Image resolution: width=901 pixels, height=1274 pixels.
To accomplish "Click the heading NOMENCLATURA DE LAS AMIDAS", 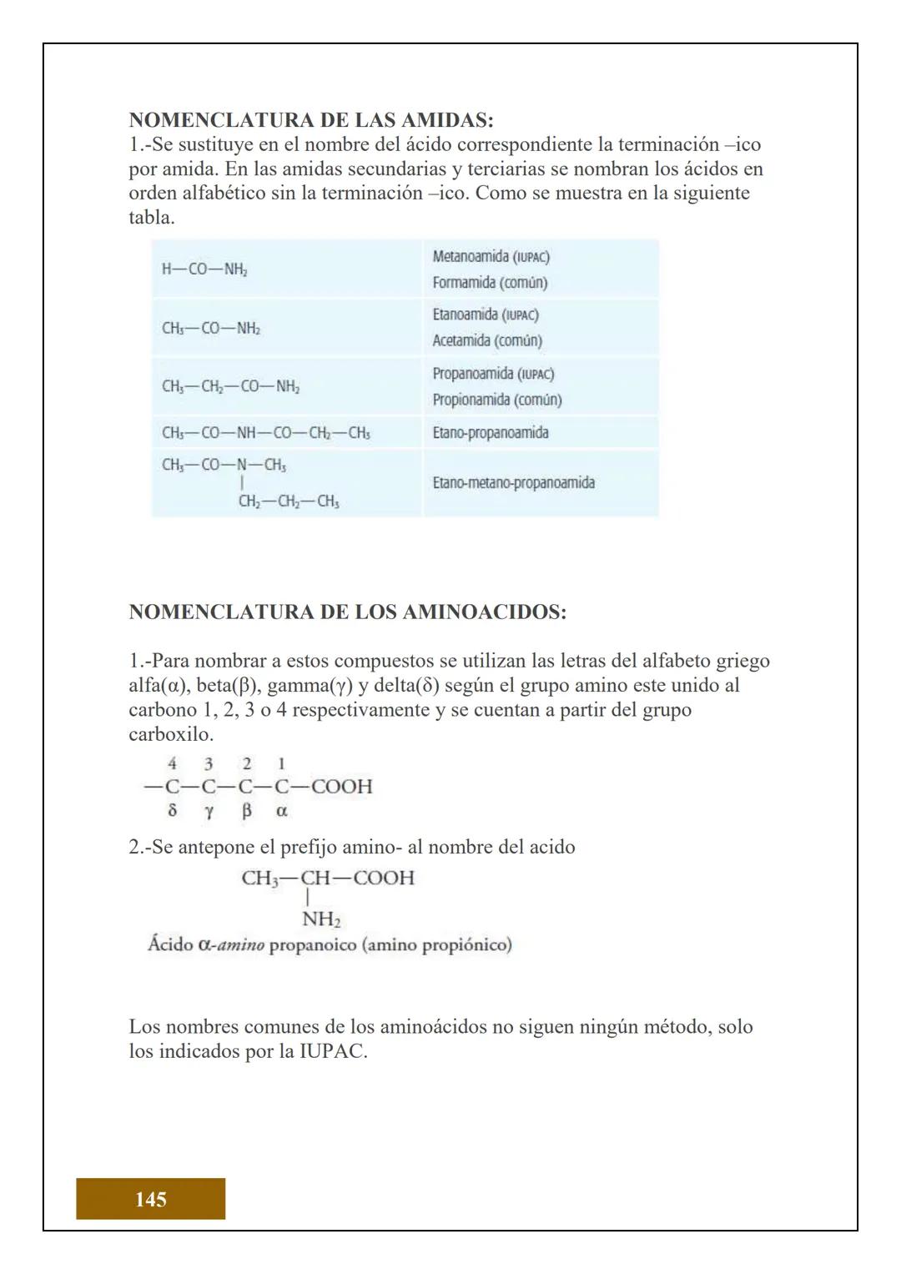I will point(310,120).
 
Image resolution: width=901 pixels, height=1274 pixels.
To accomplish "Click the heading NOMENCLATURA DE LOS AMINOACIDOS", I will point(347,612).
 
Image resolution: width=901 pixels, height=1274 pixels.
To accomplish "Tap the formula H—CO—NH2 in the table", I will point(204,269).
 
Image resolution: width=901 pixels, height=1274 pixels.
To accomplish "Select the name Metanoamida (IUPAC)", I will point(491,256).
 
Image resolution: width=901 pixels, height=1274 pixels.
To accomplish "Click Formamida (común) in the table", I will point(490,283).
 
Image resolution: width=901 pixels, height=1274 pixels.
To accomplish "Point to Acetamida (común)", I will point(487,340).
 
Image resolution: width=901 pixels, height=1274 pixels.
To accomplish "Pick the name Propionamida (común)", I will point(496,400).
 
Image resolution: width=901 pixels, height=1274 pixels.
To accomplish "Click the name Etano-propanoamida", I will point(490,433).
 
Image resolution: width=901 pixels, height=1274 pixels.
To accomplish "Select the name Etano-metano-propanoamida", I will point(513,483).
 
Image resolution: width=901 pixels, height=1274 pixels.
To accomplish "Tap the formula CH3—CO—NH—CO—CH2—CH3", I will point(265,433).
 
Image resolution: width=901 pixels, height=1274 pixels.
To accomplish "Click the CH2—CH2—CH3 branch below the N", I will point(288,501).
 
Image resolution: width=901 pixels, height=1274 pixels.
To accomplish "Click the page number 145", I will point(150,1199).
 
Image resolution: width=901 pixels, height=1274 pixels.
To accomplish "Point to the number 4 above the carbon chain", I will point(172,763).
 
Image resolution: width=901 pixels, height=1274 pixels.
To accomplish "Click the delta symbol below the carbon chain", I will point(172,810).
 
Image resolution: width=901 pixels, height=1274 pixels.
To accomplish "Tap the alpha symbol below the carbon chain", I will point(281,810).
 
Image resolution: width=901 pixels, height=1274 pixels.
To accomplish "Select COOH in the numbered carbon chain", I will point(341,786).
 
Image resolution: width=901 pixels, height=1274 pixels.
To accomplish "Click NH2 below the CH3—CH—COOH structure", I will point(321,919).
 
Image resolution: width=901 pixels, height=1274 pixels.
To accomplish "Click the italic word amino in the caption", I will point(241,945).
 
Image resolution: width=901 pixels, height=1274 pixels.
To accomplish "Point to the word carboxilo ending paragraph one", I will point(170,735).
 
